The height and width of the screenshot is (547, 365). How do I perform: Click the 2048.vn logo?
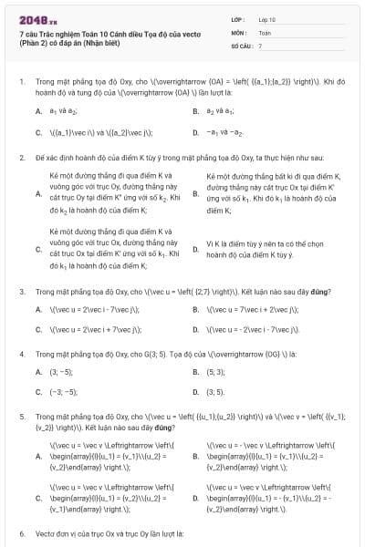coord(34,18)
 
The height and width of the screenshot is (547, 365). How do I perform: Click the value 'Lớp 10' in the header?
coord(266,18)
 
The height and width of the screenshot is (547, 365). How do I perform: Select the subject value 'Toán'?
coord(265,31)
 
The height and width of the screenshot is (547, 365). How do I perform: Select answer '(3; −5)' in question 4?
coord(60,372)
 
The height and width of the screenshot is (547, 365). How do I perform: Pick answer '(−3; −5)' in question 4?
coord(63,392)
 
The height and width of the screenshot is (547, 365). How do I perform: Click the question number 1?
coord(21,81)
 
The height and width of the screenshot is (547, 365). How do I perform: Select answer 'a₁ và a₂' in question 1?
coord(59,110)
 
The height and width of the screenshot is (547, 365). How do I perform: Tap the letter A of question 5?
coord(38,450)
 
